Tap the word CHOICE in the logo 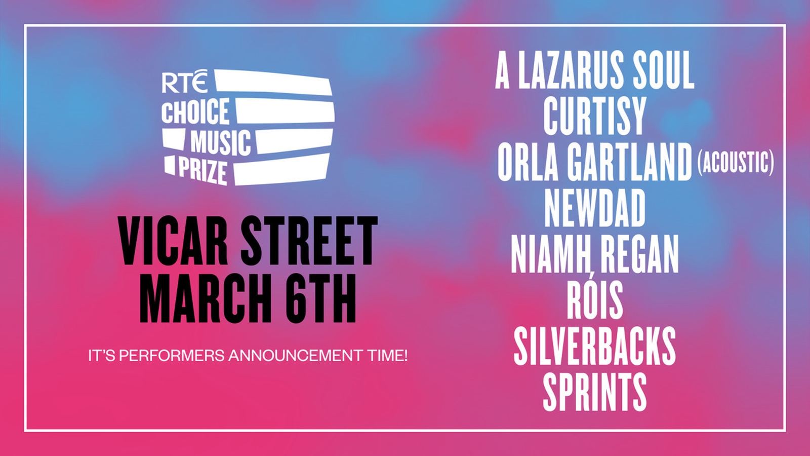[195, 111]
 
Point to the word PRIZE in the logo [203, 170]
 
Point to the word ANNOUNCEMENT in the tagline [295, 356]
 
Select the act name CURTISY [595, 117]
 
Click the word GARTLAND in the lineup [630, 162]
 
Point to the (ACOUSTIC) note [736, 162]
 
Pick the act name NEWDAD [595, 208]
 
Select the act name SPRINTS [595, 392]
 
